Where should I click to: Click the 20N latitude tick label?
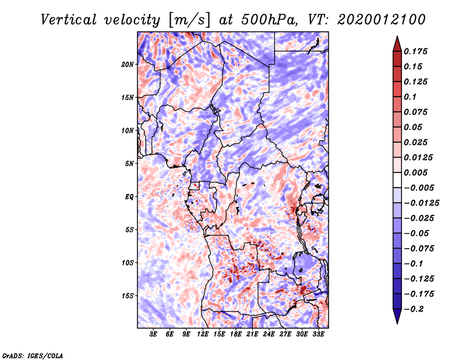[127, 65]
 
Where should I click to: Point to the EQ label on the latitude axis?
[129, 197]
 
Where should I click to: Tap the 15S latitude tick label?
[127, 296]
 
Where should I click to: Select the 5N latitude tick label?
[129, 164]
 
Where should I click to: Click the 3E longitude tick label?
[153, 334]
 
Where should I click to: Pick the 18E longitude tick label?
[236, 334]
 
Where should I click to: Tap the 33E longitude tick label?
[318, 334]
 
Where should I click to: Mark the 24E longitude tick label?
[269, 334]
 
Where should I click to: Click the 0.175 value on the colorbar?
[415, 51]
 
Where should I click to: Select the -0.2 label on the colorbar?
[414, 309]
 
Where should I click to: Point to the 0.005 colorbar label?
[415, 172]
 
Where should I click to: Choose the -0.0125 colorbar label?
[422, 203]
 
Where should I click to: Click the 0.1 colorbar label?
[410, 97]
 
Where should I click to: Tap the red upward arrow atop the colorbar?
[397, 44]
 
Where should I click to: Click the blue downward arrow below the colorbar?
[397, 316]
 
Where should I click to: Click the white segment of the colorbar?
[397, 180]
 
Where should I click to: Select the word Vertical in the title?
[68, 20]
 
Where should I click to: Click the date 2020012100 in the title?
[382, 20]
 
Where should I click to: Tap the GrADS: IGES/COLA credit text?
[33, 356]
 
